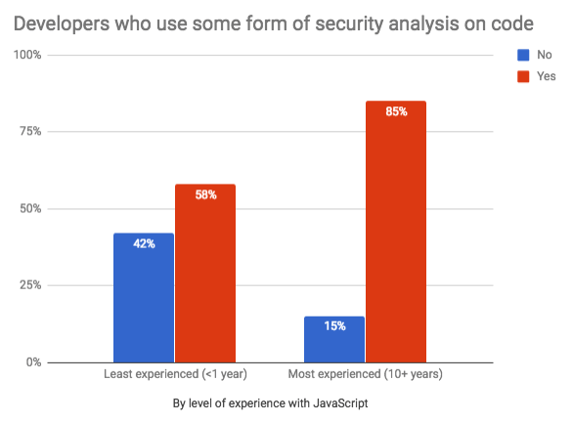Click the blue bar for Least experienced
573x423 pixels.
(x=144, y=298)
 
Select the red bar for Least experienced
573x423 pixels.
(x=205, y=274)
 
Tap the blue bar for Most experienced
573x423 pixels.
(x=334, y=339)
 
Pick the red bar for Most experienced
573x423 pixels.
(x=396, y=232)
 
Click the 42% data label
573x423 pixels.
(x=144, y=243)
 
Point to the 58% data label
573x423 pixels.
(x=205, y=194)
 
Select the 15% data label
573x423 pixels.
(x=334, y=325)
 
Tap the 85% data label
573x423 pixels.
(x=396, y=111)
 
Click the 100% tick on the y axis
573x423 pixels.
(x=27, y=55)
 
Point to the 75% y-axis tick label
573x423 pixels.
(x=30, y=131)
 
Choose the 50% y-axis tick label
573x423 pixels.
(x=30, y=208)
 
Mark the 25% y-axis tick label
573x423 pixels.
(x=30, y=284)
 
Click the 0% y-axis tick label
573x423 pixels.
(x=33, y=362)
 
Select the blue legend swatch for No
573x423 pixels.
(x=523, y=55)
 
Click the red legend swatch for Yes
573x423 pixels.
(x=523, y=76)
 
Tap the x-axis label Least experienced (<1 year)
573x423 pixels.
(x=175, y=374)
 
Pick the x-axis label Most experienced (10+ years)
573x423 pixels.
(x=366, y=374)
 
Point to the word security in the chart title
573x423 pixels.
(x=349, y=24)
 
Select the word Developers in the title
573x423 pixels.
(x=62, y=24)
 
